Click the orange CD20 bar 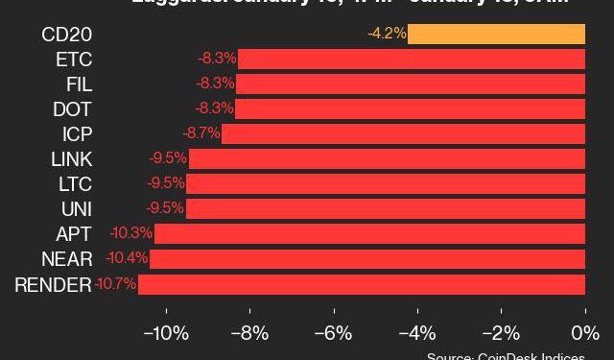click(x=496, y=35)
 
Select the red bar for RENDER click(x=362, y=284)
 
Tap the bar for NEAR click(x=367, y=259)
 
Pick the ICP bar click(x=403, y=133)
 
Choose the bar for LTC click(x=386, y=183)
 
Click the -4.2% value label click(x=387, y=35)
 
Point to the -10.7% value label click(x=115, y=284)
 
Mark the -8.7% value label click(x=201, y=133)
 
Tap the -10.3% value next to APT click(x=131, y=233)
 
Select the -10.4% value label click(x=128, y=259)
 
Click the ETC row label click(x=73, y=60)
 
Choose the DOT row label click(x=73, y=109)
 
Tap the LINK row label click(x=71, y=158)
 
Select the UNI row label click(x=75, y=208)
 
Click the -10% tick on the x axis click(x=166, y=334)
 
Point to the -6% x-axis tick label click(x=334, y=334)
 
